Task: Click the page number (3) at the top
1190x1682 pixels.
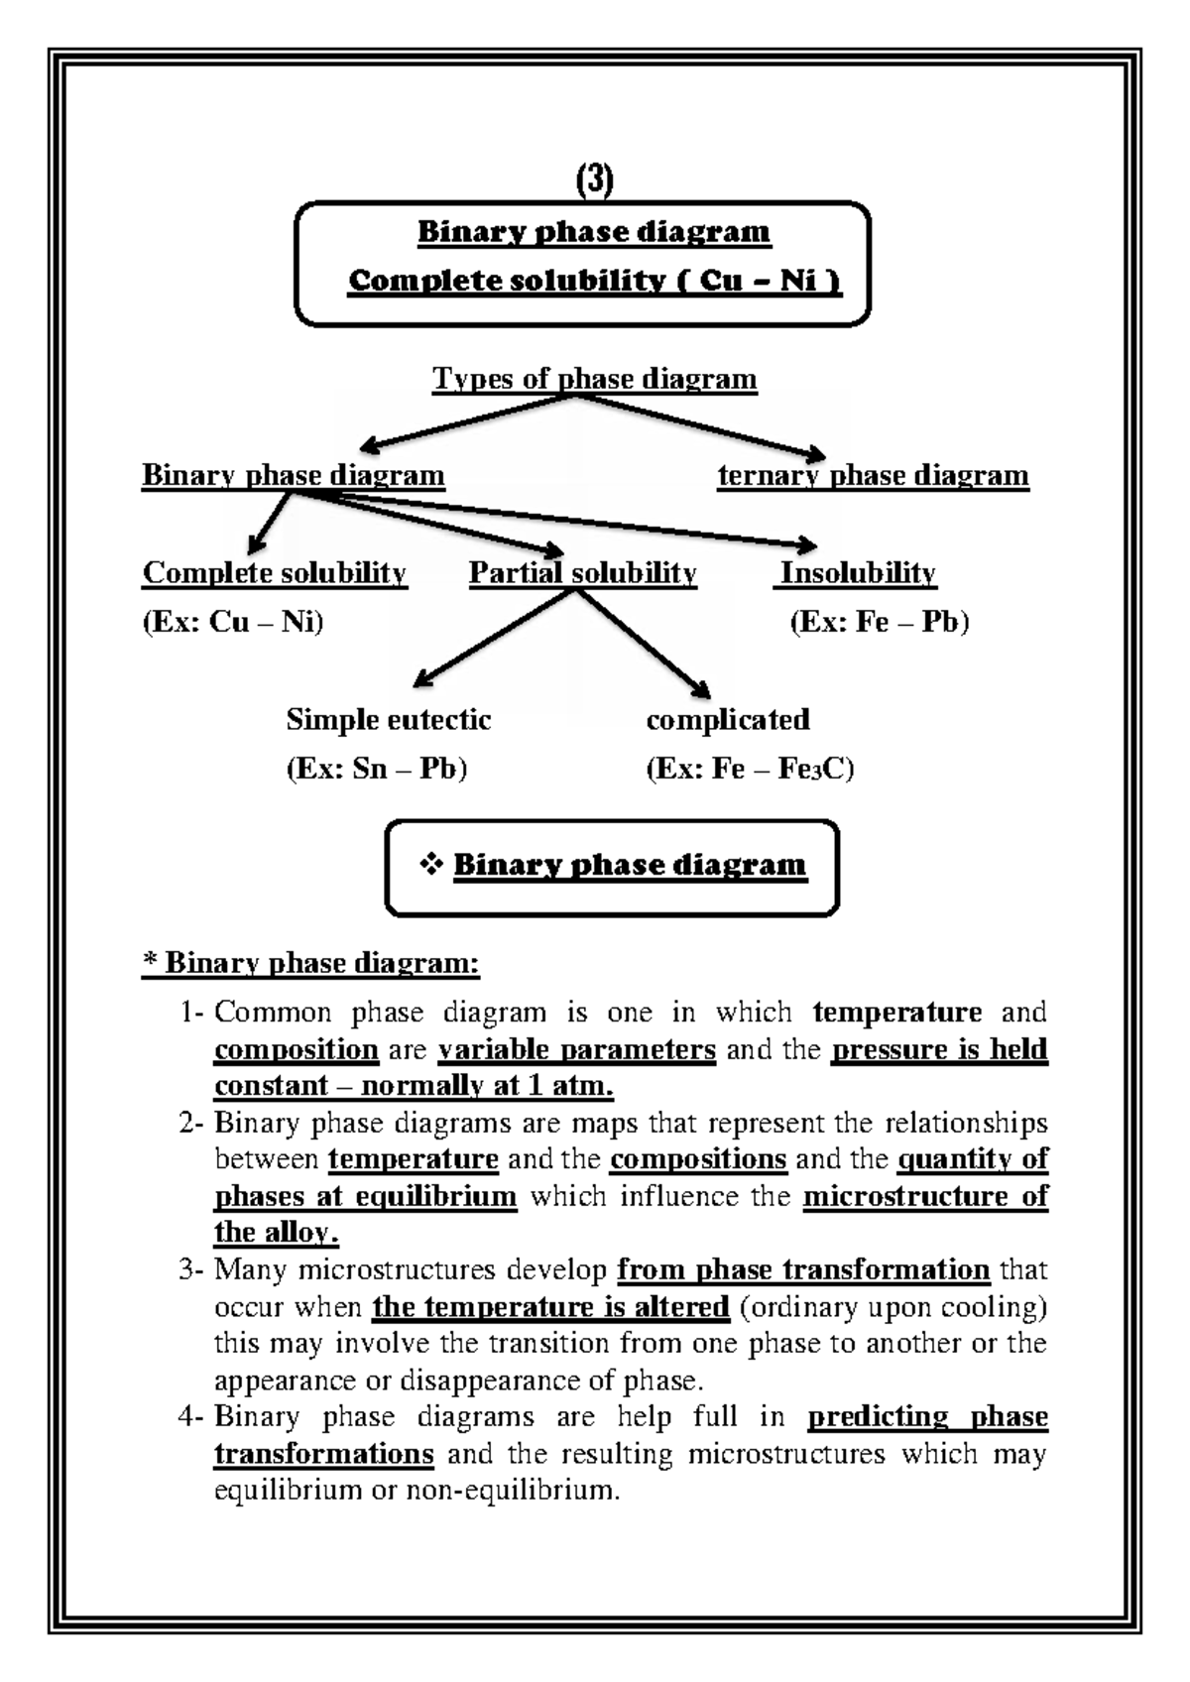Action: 594,180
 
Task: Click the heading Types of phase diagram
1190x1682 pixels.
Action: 594,379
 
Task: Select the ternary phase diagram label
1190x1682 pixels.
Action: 873,475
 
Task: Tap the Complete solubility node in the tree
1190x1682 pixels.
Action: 275,572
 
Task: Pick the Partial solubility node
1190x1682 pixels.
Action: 582,572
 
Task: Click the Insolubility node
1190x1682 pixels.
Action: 857,572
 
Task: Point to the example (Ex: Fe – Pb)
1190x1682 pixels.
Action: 879,622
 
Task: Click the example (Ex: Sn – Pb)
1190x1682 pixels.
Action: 376,769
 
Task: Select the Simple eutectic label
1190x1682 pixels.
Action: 388,719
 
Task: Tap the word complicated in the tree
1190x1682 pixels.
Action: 727,719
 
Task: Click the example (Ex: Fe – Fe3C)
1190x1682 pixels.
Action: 750,769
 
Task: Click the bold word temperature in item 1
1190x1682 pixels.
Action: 896,1013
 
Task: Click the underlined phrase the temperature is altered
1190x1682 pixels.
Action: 550,1307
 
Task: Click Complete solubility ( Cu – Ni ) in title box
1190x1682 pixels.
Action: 594,282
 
